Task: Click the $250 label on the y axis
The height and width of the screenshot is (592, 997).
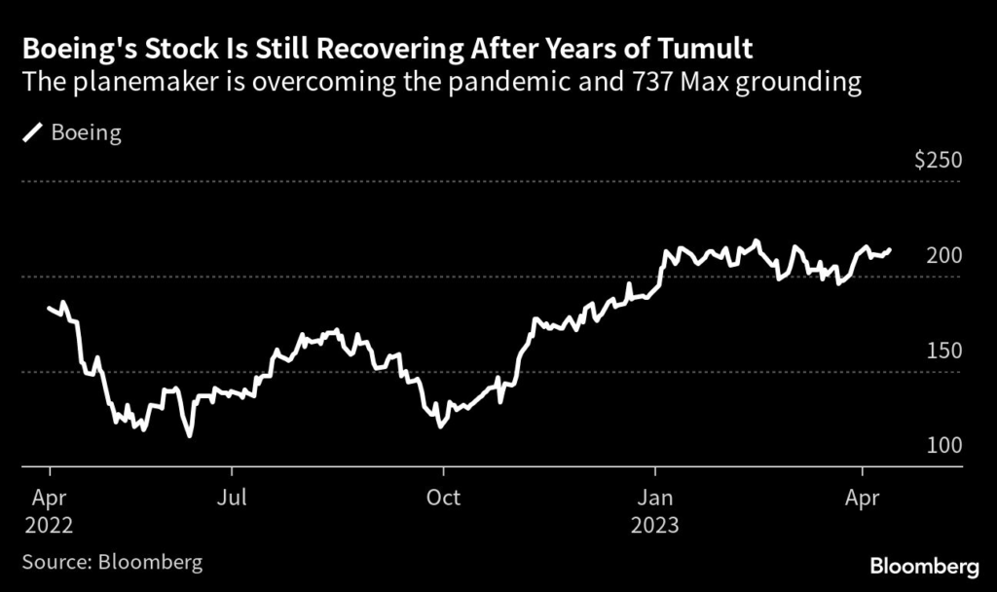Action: (x=939, y=161)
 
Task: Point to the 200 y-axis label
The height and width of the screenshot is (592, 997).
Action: (x=943, y=255)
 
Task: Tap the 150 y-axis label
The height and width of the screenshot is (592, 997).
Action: (x=943, y=351)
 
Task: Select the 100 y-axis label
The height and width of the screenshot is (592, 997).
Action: (x=943, y=445)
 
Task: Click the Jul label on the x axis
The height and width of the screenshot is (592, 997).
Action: (x=232, y=497)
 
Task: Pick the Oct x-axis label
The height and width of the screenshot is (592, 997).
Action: (x=443, y=497)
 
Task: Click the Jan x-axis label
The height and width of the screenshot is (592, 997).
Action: (x=655, y=497)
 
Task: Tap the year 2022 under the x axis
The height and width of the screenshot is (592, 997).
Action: (x=48, y=525)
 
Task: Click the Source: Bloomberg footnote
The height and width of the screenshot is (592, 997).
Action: (x=112, y=563)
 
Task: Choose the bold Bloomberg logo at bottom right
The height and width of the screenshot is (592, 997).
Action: (x=923, y=565)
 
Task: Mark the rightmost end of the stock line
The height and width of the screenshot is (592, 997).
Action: (x=889, y=250)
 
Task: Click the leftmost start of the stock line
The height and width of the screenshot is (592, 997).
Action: (x=49, y=308)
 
